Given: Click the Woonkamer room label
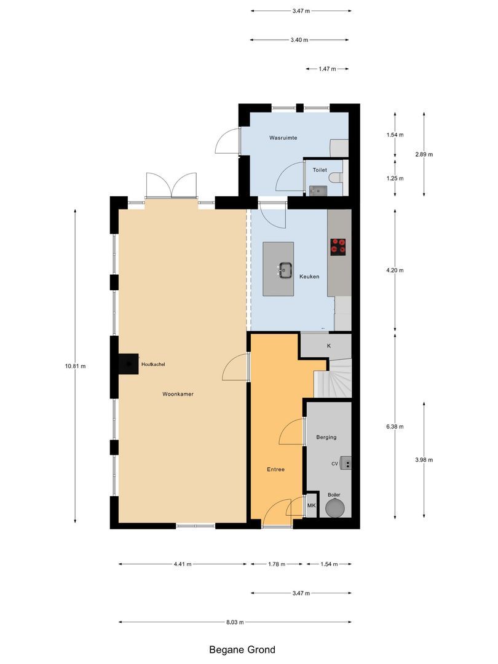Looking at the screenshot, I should click(178, 393).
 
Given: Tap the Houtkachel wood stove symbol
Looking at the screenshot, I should click(129, 364).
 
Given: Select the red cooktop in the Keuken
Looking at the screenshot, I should click(338, 246).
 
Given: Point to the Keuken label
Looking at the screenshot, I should click(309, 277).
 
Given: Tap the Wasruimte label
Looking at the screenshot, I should click(283, 138).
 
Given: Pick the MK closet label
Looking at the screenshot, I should click(311, 506).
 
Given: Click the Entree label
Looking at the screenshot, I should click(275, 469).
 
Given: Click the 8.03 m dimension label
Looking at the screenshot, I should click(234, 622).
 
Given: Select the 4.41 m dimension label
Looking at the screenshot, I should click(181, 564).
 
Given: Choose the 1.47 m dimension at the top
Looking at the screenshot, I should click(326, 69).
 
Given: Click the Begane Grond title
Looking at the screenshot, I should click(242, 649).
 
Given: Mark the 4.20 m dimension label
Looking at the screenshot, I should click(395, 270).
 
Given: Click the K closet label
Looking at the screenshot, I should click(329, 346).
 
